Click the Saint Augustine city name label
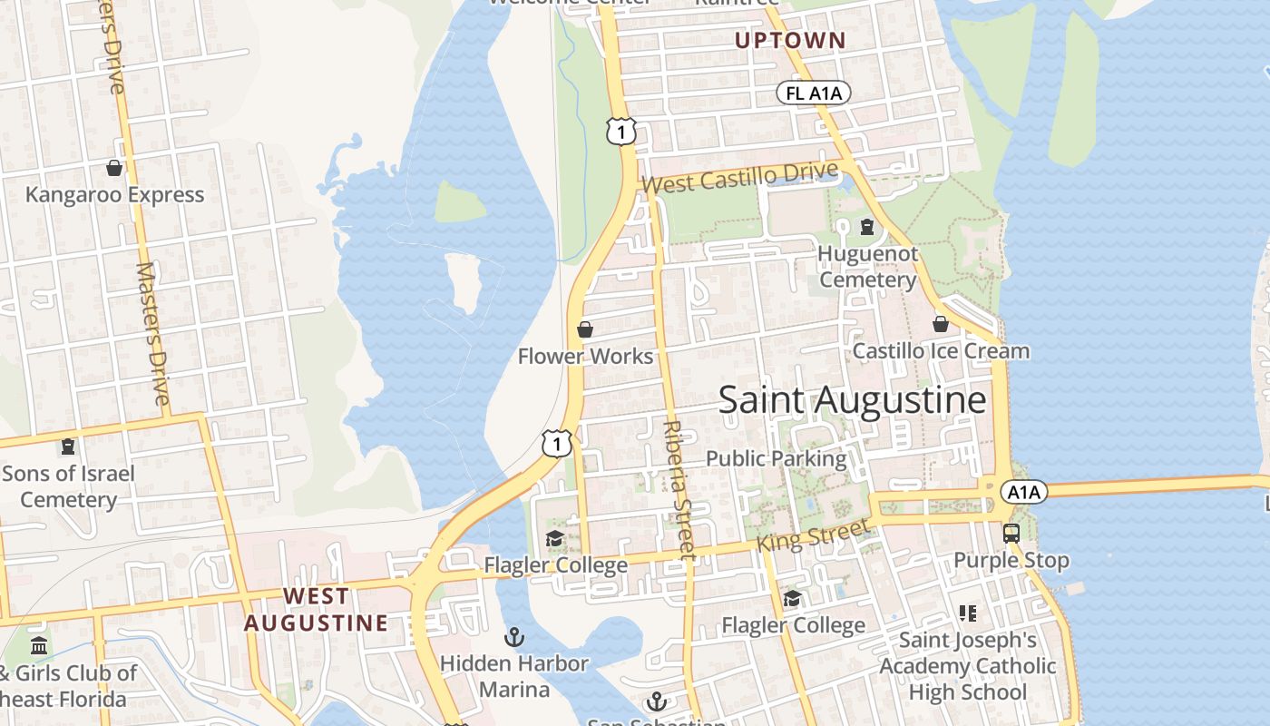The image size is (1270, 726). point(852,400)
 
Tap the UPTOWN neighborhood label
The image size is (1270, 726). point(789,41)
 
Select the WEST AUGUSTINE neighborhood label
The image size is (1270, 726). point(316,610)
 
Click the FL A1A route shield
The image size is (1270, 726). point(813,93)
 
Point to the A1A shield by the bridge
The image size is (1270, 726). point(1024,492)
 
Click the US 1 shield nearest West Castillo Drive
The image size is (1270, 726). point(620,132)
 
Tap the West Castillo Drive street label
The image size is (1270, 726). point(739,177)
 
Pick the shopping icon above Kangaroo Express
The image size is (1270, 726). point(114,168)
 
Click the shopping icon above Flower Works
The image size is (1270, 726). point(585,329)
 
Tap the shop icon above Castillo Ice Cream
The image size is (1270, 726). point(941,323)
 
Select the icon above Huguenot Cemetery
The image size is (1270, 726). point(867,226)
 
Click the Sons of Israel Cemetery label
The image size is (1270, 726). point(68,486)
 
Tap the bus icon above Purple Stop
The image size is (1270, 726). point(1011,534)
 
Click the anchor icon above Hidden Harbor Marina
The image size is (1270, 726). point(514,637)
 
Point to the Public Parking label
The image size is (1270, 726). point(776,458)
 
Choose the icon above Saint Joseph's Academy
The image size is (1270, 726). point(968,613)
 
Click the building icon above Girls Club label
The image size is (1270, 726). point(39,646)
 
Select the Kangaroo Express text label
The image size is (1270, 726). point(114,195)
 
